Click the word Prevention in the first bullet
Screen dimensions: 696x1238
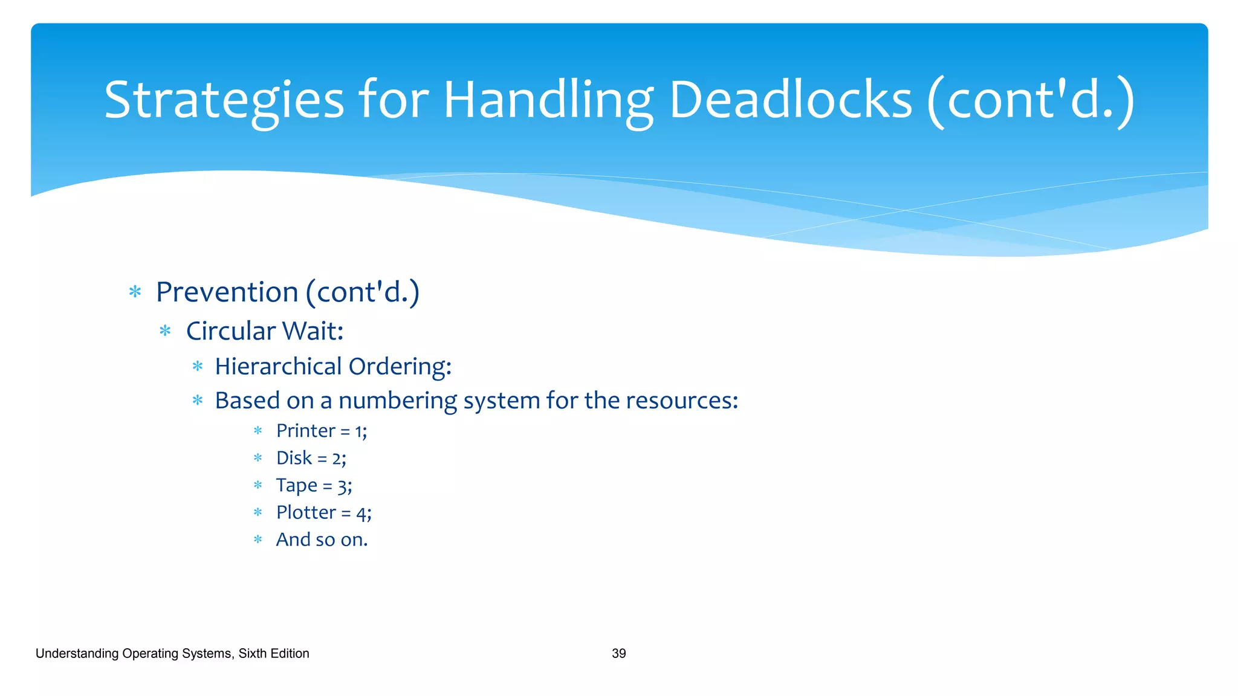tap(227, 292)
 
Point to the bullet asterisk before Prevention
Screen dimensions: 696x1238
tap(135, 292)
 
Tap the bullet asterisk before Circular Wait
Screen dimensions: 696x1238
tap(165, 331)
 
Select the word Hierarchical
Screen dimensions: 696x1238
tap(279, 367)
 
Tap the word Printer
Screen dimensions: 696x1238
tap(305, 431)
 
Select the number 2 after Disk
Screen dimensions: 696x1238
tap(337, 459)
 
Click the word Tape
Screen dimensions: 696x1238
tap(296, 486)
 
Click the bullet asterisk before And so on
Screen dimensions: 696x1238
tap(258, 540)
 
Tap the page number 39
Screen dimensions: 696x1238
tap(618, 654)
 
